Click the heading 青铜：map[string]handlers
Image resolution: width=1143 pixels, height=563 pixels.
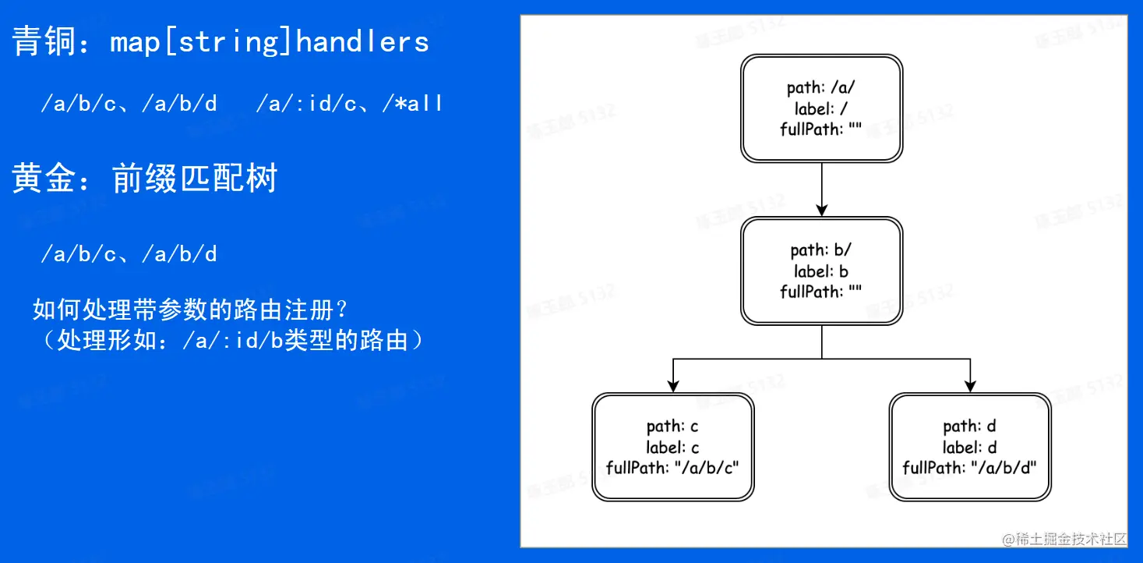[x=220, y=41]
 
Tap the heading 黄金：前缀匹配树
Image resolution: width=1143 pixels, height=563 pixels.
[x=145, y=179]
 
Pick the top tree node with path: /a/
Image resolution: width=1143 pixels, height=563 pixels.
[x=821, y=108]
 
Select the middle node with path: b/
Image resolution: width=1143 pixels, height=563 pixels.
[x=821, y=271]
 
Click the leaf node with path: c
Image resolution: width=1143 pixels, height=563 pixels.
[x=673, y=447]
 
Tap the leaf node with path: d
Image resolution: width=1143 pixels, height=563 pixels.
[x=970, y=447]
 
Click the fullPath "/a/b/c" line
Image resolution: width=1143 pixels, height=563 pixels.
[x=673, y=468]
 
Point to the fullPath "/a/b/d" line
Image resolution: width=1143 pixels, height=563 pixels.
[x=970, y=468]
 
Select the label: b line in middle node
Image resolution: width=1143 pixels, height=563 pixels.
[x=821, y=271]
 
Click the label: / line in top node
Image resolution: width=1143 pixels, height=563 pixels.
[x=821, y=109]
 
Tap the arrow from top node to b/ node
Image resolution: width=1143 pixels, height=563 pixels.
[x=821, y=187]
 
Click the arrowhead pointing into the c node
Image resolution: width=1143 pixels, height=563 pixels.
[x=673, y=385]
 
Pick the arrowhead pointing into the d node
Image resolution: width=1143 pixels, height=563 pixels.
[x=970, y=385]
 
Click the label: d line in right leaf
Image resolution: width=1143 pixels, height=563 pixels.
[x=970, y=448]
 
